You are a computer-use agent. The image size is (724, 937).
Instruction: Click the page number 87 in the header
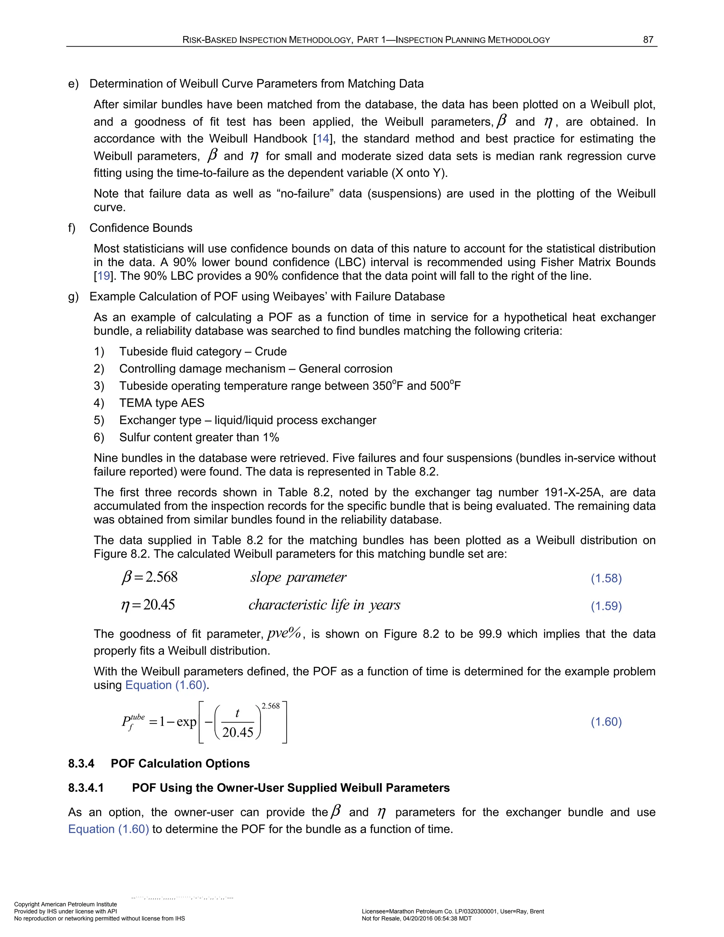point(648,40)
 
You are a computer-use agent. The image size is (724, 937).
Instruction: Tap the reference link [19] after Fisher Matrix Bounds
point(104,276)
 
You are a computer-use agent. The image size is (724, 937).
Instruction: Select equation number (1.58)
point(606,578)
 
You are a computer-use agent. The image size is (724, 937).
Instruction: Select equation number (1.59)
point(606,606)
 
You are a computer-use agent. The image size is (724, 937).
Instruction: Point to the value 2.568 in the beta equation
point(161,577)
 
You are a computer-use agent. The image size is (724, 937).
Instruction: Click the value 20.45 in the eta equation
point(159,605)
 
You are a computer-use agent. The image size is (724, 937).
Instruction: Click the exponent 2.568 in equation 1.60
point(271,706)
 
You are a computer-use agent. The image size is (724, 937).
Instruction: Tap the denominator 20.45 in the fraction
point(238,732)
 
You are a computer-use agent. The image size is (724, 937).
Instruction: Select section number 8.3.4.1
point(86,788)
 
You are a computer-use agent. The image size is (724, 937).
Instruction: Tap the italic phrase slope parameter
point(298,577)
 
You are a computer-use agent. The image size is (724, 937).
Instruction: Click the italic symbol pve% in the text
point(284,633)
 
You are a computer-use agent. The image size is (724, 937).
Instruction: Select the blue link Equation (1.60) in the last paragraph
point(109,829)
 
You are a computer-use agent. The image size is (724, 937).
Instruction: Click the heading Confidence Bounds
point(141,228)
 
